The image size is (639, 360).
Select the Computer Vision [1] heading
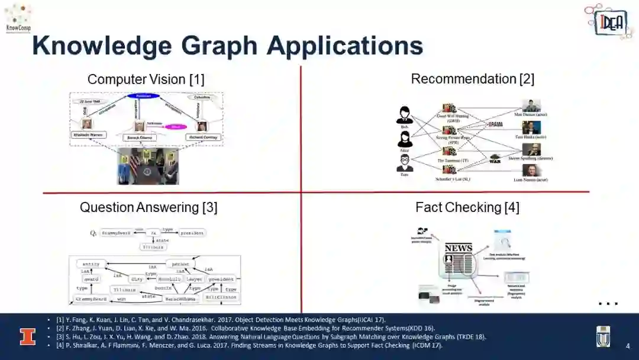coord(146,79)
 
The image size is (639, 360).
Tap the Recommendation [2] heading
coord(472,79)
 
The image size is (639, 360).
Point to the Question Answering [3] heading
coord(149,207)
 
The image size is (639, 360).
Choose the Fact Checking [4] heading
coord(467,207)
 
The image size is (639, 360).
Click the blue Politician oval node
coord(144,96)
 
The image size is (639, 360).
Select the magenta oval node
coord(175,126)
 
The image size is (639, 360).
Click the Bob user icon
coord(405,114)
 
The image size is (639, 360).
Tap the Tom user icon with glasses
coord(405,163)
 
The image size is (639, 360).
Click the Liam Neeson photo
coord(531,170)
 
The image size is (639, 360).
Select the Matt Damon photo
coord(531,105)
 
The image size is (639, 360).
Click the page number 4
coord(628,346)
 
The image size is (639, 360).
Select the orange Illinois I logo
coord(27,336)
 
